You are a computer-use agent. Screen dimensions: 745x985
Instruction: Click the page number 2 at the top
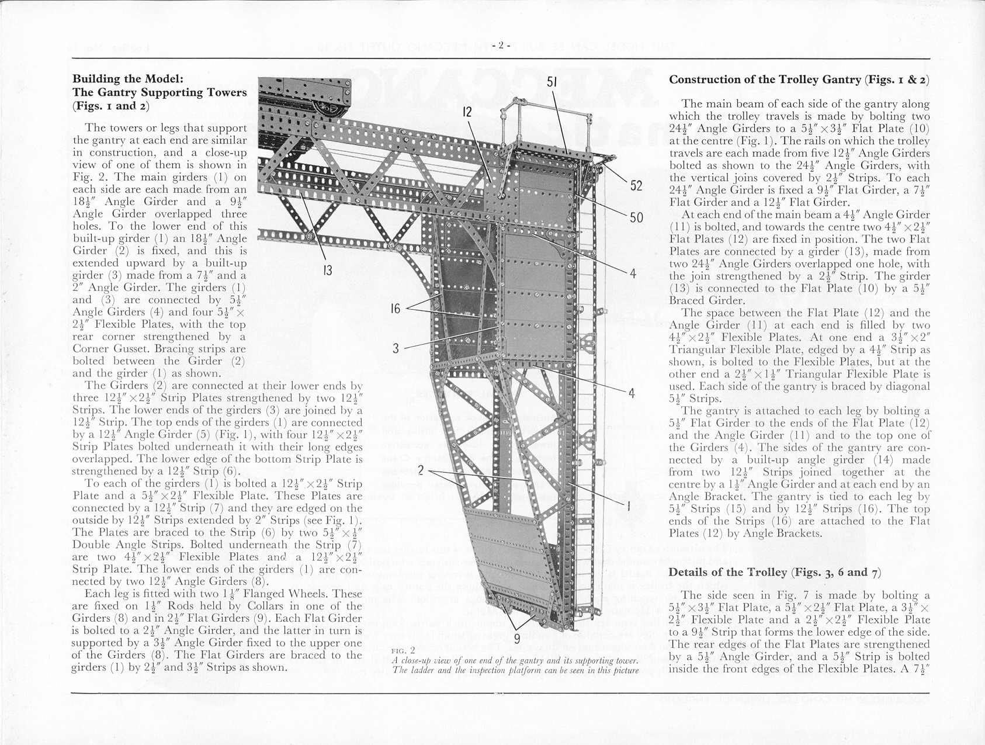coord(501,45)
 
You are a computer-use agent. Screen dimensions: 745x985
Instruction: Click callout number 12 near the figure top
coord(467,112)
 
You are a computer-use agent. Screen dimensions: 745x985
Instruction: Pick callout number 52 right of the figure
coord(636,186)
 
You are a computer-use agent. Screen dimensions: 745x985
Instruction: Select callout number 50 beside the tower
coord(636,218)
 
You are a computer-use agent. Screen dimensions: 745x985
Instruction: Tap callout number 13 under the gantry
coord(327,270)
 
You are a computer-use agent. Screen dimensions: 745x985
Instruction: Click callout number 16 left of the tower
coord(396,308)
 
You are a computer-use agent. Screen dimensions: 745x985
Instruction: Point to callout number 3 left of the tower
coord(396,348)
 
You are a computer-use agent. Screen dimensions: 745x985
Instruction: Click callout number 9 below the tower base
coord(517,639)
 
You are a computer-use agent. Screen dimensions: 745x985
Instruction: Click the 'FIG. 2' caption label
coord(403,650)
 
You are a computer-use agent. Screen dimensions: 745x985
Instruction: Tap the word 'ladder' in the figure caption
coord(415,670)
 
